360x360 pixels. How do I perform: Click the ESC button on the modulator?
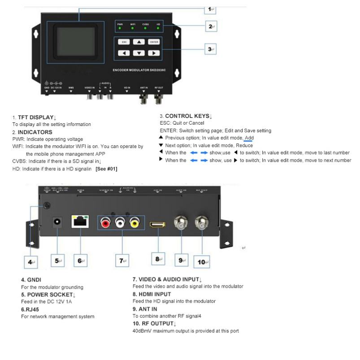click(125, 42)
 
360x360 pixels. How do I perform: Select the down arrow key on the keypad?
click(139, 53)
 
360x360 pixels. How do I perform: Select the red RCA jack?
click(106, 222)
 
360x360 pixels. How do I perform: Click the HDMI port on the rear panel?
click(158, 222)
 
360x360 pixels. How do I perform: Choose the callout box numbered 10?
click(202, 261)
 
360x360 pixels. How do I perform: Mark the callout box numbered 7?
click(121, 260)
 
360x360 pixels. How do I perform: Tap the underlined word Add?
click(249, 138)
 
